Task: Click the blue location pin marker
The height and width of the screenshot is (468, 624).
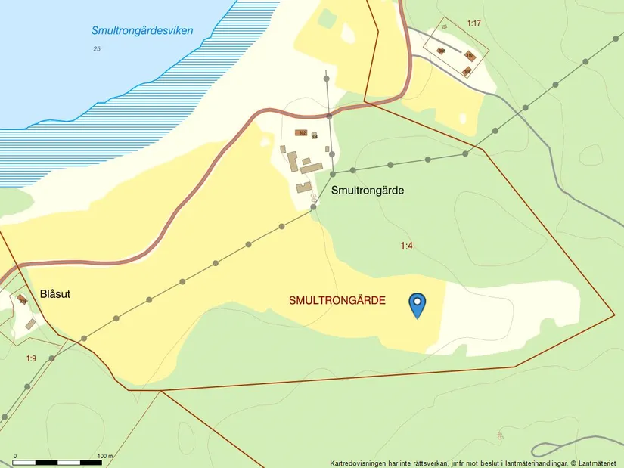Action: (417, 305)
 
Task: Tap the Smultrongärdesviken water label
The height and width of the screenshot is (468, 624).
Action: (142, 31)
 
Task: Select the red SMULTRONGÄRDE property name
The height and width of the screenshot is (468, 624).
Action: (337, 301)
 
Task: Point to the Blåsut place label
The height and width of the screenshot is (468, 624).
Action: (54, 294)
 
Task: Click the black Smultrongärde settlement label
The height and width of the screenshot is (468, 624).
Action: (368, 191)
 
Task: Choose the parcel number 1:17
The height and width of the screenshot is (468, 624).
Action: (473, 23)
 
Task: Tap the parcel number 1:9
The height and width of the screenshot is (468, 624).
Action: (31, 358)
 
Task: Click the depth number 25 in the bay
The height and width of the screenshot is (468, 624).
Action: (96, 49)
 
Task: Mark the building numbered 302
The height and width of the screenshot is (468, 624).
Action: (302, 133)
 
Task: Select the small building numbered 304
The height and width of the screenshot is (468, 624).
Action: (315, 136)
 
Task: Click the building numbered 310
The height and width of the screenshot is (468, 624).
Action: (469, 56)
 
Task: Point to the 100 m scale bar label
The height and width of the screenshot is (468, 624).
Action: (105, 456)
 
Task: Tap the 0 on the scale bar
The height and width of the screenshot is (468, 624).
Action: (15, 456)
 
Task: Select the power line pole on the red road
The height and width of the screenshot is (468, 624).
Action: (330, 116)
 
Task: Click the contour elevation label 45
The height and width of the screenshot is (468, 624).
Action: (500, 435)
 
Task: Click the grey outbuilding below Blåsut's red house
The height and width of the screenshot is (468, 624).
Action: (30, 324)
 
